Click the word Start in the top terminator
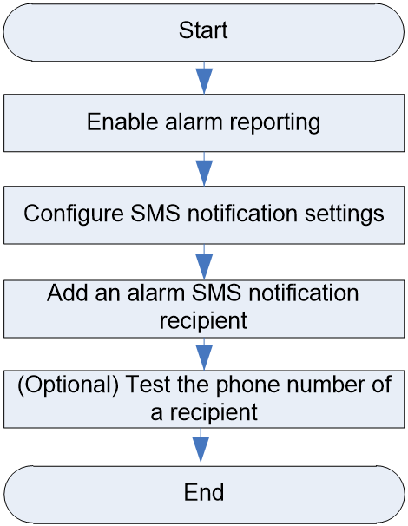[203, 30]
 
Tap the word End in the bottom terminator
[204, 492]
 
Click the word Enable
[122, 122]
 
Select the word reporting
[275, 123]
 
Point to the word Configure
[74, 214]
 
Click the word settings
[345, 214]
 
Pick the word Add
[68, 293]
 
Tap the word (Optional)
[68, 385]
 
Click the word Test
[148, 385]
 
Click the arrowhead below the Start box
[204, 81]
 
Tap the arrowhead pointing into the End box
[201, 449]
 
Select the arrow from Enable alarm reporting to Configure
[204, 168]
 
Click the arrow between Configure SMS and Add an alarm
[204, 262]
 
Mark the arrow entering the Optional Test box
[204, 354]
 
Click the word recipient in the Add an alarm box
[203, 321]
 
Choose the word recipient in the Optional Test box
[214, 413]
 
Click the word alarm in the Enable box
[194, 122]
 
